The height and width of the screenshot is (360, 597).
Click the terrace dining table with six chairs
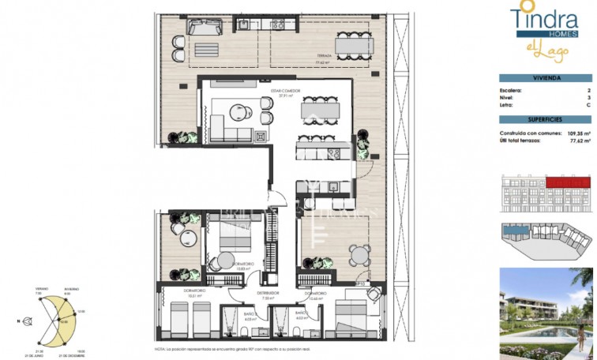355,47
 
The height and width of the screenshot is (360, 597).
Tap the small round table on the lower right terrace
361,254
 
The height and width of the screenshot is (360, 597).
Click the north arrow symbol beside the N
28,321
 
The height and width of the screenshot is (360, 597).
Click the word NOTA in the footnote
160,348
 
